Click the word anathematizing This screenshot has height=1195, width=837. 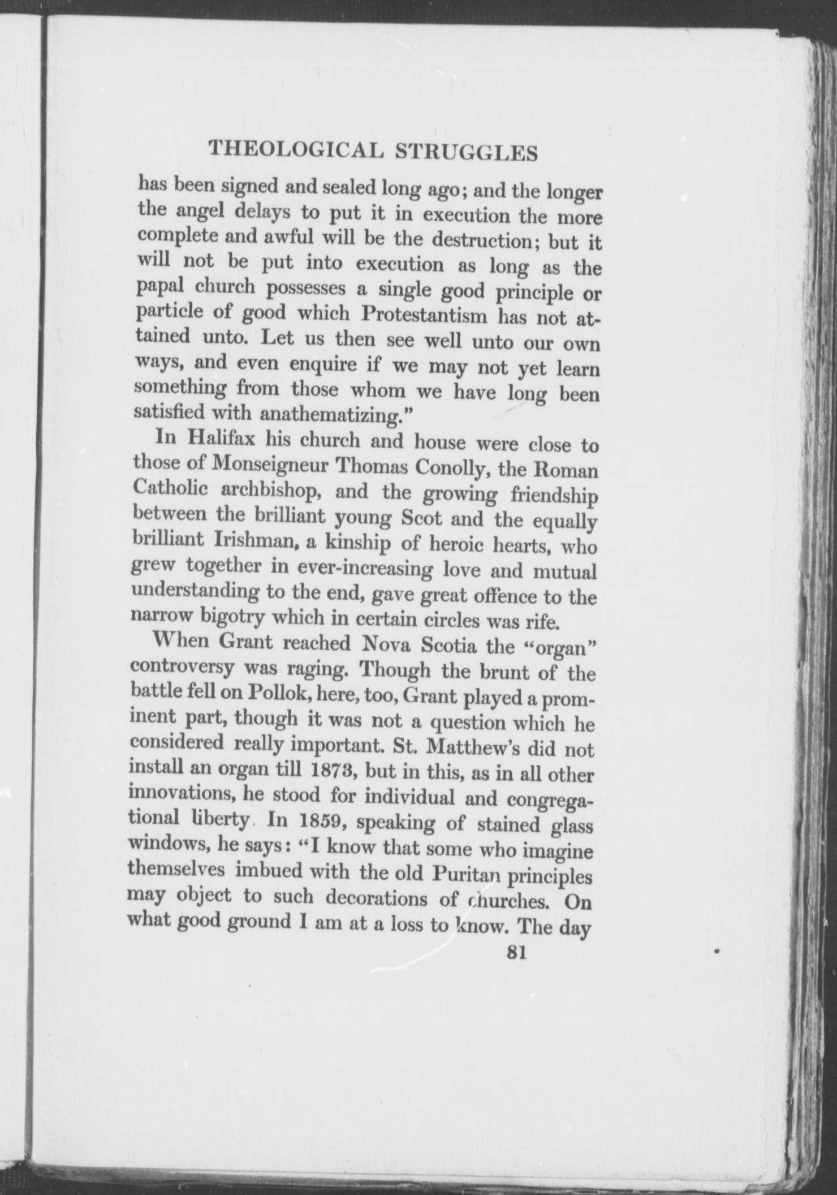(328, 415)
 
